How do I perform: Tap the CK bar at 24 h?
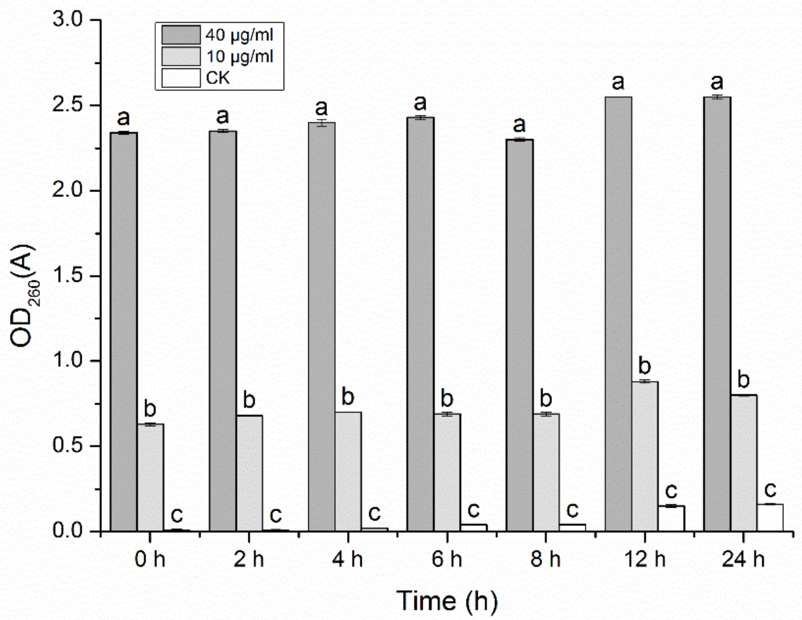coord(770,518)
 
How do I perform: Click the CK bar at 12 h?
coord(671,518)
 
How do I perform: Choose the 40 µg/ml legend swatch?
coord(181,35)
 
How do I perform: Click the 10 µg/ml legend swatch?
coord(181,57)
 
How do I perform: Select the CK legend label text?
coord(218,78)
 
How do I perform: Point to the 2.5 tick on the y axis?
coord(96,105)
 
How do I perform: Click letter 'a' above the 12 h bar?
coord(618,82)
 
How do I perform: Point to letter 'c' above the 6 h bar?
coord(473,509)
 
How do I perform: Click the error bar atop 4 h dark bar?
coord(322,123)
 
